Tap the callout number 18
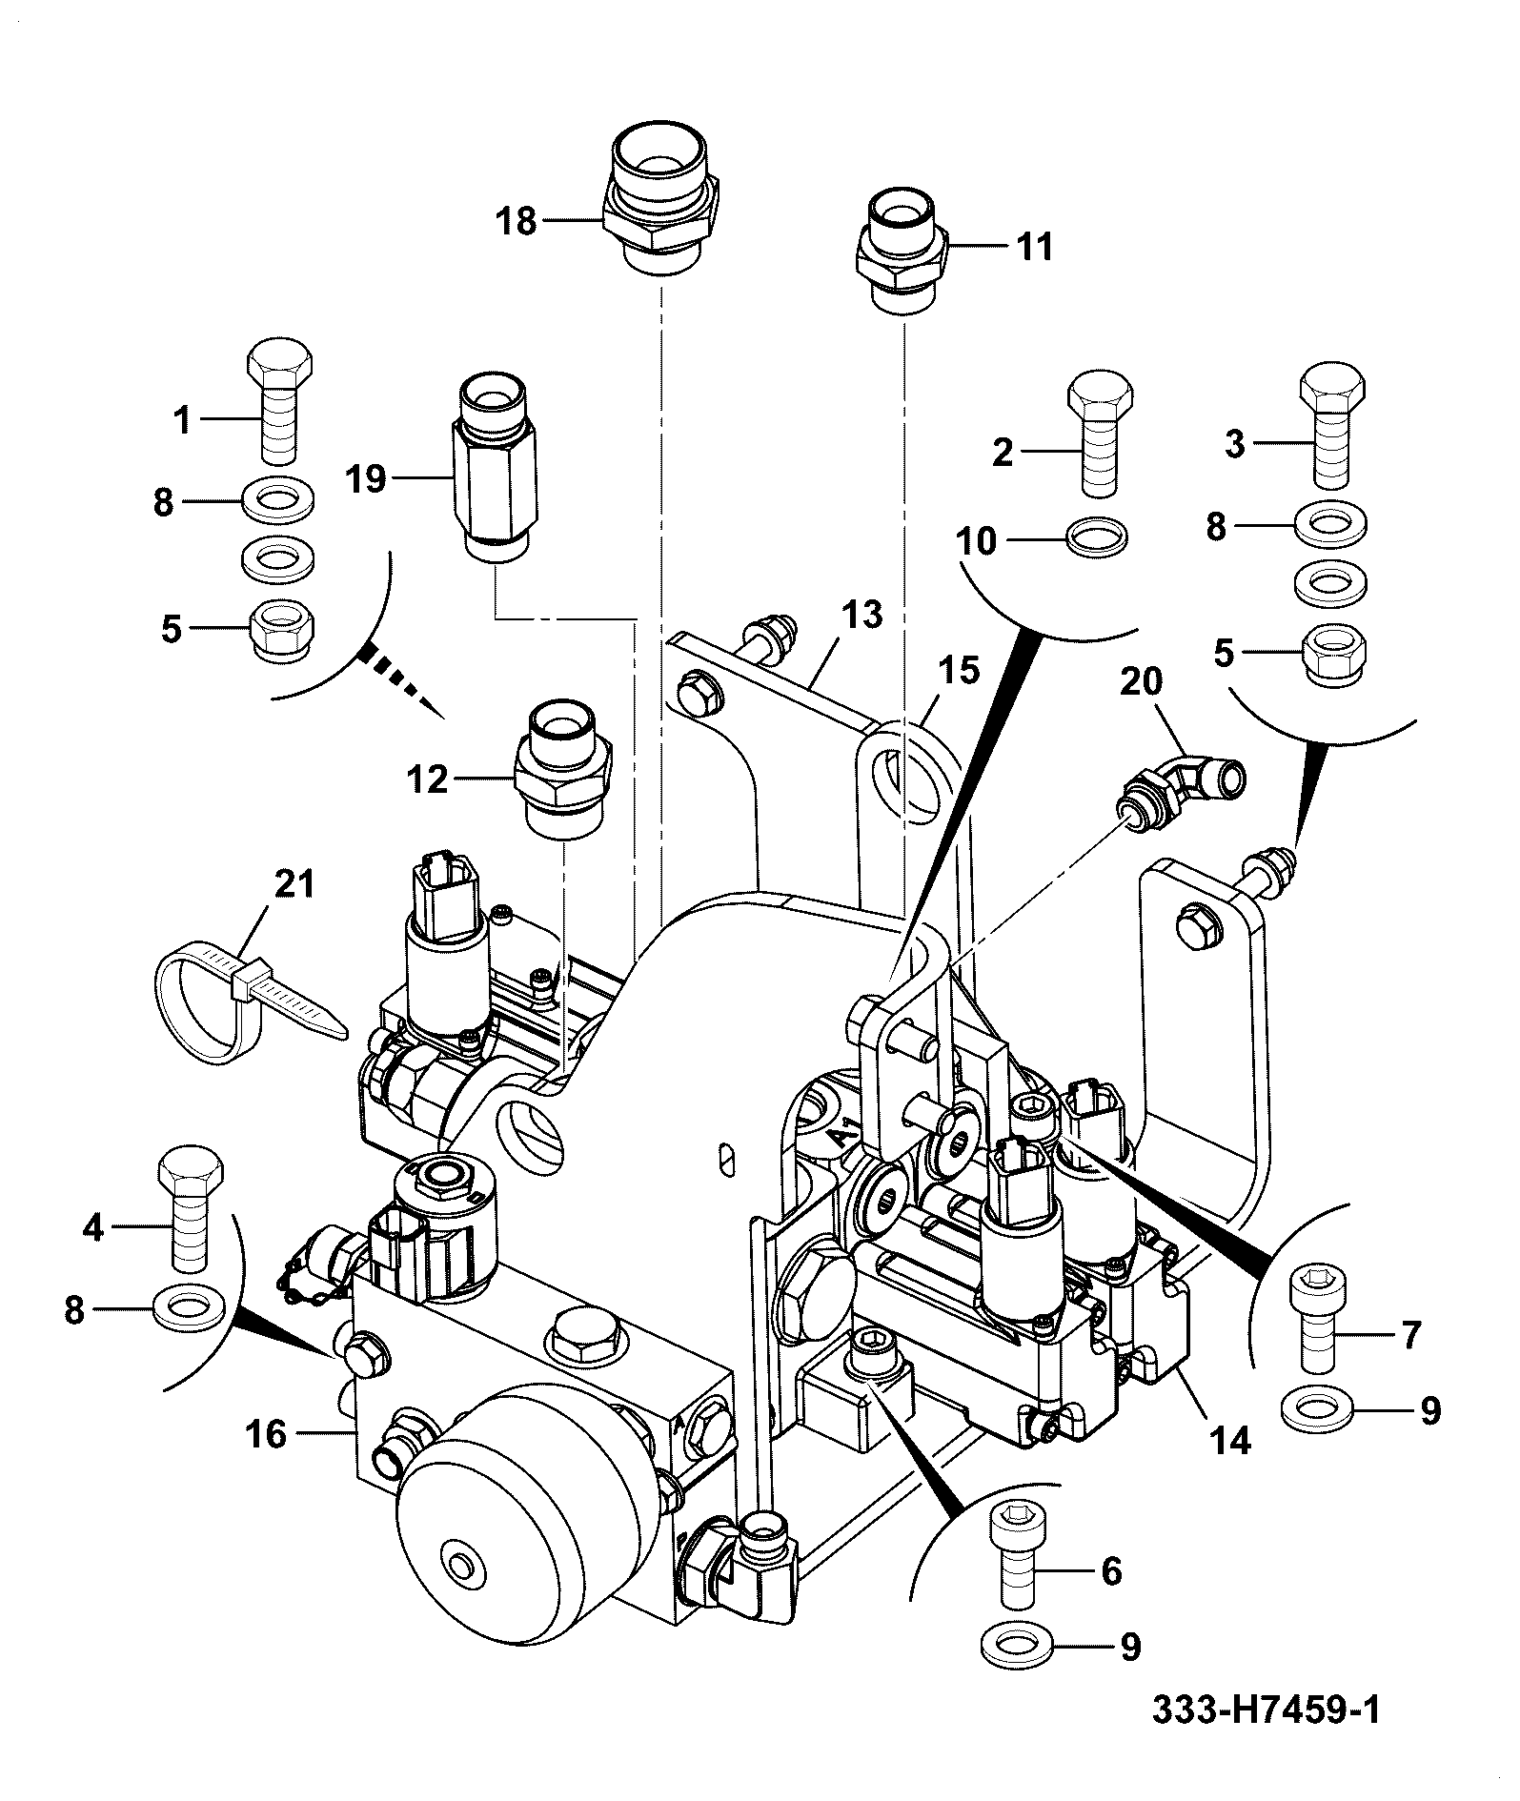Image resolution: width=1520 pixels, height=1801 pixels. point(517,223)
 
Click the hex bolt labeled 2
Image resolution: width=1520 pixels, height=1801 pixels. point(1101,433)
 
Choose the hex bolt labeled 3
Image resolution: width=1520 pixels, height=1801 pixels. point(1334,427)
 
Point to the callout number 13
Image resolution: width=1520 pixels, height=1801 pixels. point(862,615)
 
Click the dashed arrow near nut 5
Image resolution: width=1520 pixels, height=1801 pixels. point(401,682)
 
